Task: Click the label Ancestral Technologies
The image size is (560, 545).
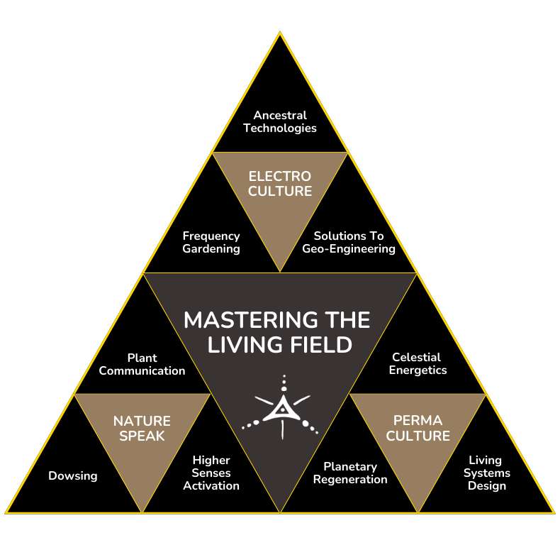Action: (x=280, y=121)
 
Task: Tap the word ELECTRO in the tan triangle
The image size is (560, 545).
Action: (x=280, y=176)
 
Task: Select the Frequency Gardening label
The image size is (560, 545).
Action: (x=211, y=242)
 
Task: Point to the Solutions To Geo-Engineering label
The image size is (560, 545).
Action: (x=349, y=242)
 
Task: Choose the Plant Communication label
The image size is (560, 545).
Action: (x=142, y=364)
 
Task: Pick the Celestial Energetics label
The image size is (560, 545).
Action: (x=418, y=363)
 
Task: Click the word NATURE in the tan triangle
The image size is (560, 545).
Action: (x=142, y=422)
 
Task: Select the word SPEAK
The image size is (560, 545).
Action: (x=142, y=436)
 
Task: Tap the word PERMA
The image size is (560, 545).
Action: (x=418, y=422)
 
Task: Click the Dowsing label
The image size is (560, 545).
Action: (x=72, y=475)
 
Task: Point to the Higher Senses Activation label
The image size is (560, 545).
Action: (x=211, y=473)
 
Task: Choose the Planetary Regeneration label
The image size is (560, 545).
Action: (x=350, y=473)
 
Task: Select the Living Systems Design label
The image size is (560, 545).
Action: (x=486, y=473)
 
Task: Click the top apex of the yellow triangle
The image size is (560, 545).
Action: (x=280, y=32)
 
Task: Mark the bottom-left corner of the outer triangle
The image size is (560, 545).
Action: (x=6, y=512)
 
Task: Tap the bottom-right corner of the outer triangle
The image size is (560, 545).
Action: (x=554, y=512)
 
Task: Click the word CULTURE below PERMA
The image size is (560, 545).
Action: (x=418, y=436)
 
